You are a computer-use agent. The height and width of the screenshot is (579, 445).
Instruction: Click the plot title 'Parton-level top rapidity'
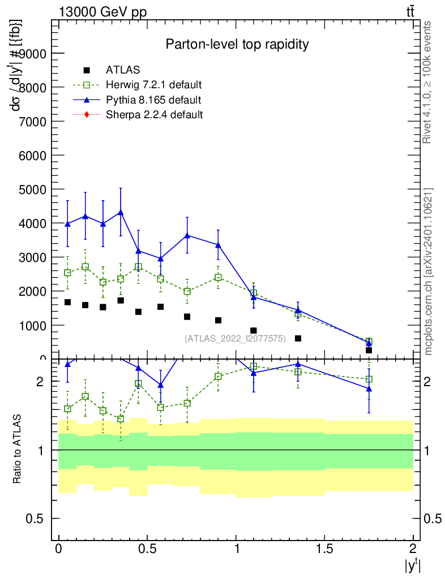pyautogui.click(x=237, y=44)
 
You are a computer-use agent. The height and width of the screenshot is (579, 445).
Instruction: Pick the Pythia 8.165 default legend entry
pyautogui.click(x=153, y=100)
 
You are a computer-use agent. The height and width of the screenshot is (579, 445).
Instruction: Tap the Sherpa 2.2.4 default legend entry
pyautogui.click(x=155, y=115)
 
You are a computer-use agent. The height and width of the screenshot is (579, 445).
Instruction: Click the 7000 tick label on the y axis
pyautogui.click(x=35, y=121)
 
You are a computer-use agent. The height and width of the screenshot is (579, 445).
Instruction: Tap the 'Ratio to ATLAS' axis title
pyautogui.click(x=18, y=451)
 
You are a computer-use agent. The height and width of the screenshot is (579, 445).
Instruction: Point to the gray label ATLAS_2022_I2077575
pyautogui.click(x=235, y=338)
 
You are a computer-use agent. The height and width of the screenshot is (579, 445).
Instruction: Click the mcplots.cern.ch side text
pyautogui.click(x=429, y=272)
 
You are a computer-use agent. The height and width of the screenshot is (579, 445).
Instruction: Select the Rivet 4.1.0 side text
pyautogui.click(x=428, y=83)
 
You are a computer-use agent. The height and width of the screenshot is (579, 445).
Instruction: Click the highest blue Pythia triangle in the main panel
pyautogui.click(x=121, y=212)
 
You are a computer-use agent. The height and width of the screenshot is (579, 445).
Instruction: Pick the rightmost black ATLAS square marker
pyautogui.click(x=369, y=350)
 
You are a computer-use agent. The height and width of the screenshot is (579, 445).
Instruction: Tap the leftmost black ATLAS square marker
pyautogui.click(x=67, y=302)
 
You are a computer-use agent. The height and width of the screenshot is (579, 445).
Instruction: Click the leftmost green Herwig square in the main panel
pyautogui.click(x=67, y=273)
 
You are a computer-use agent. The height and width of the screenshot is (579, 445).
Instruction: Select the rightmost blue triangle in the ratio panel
pyautogui.click(x=369, y=388)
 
